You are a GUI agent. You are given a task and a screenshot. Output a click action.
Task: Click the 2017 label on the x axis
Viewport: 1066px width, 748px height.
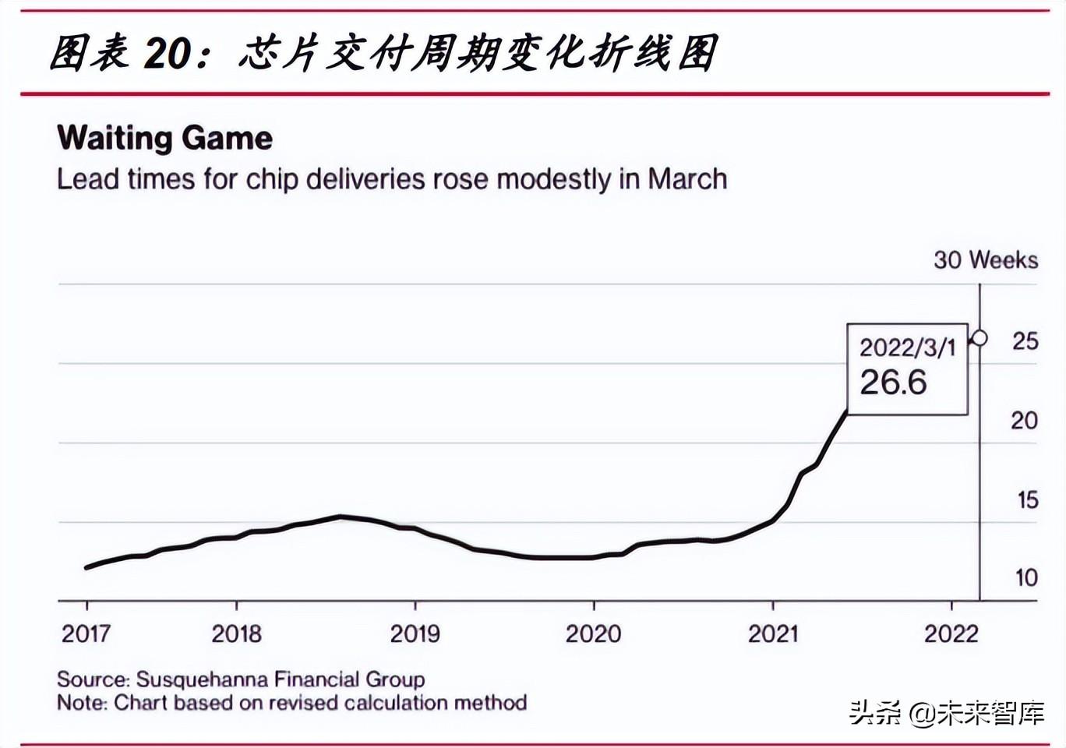click(86, 633)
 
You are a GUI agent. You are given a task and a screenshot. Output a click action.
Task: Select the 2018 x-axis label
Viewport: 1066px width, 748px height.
click(236, 633)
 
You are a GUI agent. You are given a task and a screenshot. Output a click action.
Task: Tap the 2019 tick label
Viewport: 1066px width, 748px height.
click(415, 633)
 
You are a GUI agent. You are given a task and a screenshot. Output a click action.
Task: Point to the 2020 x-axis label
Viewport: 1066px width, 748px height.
click(593, 633)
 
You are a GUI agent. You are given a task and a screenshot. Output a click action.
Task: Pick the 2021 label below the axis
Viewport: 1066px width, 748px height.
click(772, 633)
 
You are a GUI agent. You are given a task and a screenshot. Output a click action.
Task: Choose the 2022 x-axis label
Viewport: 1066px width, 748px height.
click(951, 633)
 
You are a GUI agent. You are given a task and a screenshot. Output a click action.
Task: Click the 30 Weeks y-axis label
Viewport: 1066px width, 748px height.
click(986, 260)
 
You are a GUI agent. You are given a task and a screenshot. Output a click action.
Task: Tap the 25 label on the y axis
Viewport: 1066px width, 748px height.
click(1025, 341)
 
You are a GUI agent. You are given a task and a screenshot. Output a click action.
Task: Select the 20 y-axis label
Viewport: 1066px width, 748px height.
click(1024, 421)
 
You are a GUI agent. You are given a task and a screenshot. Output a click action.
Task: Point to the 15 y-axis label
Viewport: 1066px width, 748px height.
click(1027, 500)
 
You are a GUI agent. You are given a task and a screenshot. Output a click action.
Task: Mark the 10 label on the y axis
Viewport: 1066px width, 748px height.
click(1026, 578)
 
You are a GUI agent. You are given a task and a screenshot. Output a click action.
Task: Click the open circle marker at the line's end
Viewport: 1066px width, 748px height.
click(980, 338)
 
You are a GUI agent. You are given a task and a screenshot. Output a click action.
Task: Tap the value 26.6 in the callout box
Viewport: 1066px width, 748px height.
click(893, 383)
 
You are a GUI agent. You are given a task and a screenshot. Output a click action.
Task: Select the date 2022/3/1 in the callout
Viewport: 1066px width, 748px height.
click(907, 348)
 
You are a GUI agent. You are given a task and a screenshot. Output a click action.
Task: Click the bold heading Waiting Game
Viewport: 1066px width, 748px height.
click(165, 139)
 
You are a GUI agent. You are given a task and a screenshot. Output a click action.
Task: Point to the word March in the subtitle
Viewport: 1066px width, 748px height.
click(687, 179)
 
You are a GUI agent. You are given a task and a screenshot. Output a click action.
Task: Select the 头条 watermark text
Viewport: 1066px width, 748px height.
click(874, 713)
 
